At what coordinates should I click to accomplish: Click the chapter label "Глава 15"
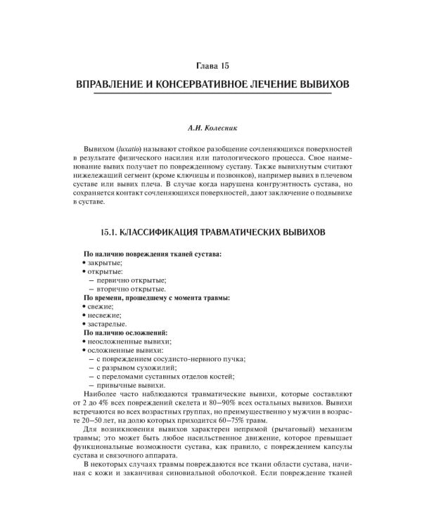(x=210, y=66)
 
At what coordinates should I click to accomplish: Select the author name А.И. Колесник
(x=210, y=129)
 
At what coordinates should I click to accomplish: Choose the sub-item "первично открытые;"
(x=131, y=280)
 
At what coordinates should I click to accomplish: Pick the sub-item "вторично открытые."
(x=131, y=289)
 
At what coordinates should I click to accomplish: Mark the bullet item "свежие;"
(x=102, y=306)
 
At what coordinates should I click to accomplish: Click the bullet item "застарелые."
(x=107, y=324)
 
